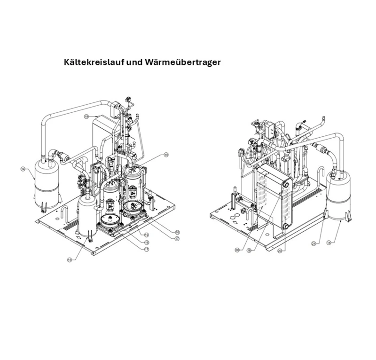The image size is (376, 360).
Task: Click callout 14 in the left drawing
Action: (23, 168)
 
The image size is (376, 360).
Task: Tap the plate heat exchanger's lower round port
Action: (285, 226)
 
